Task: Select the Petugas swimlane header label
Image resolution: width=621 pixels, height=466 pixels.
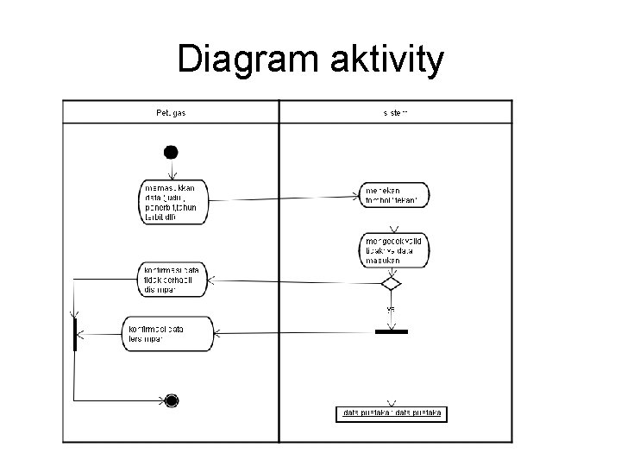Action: (x=171, y=112)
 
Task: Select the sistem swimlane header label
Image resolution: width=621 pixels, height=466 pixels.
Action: (x=396, y=112)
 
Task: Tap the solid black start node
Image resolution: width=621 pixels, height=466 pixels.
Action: (x=171, y=153)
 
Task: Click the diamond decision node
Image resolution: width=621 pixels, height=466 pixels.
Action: (x=392, y=282)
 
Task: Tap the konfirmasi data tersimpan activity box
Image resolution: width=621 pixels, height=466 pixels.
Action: (x=168, y=333)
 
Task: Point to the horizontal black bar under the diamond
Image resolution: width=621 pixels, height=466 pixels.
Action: (x=392, y=331)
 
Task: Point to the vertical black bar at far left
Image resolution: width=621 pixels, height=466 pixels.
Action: (x=76, y=334)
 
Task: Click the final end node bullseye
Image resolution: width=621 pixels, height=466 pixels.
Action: (x=171, y=400)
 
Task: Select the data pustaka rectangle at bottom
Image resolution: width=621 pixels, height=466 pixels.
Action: (x=392, y=413)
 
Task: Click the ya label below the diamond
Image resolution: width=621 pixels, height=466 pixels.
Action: (x=391, y=308)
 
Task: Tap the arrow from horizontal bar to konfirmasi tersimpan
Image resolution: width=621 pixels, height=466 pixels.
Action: (x=293, y=332)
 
